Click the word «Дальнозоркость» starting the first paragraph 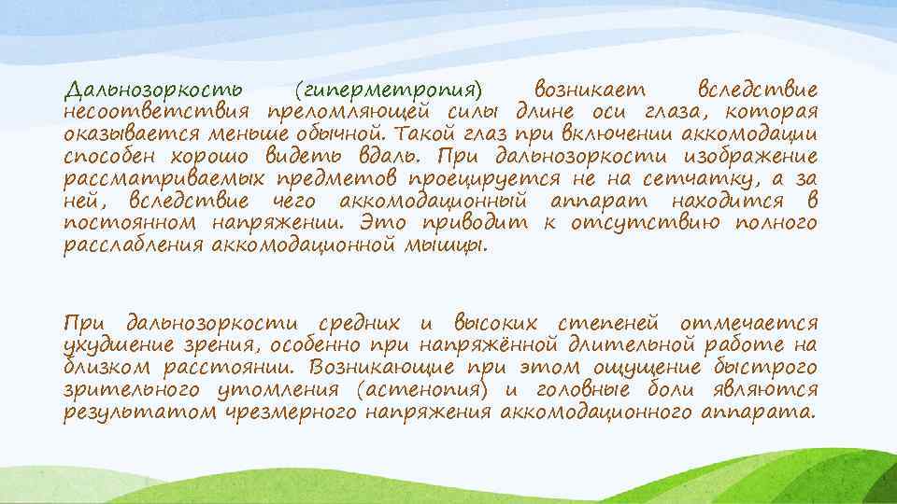click(154, 91)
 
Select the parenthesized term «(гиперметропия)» click(387, 91)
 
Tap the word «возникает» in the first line click(594, 91)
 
